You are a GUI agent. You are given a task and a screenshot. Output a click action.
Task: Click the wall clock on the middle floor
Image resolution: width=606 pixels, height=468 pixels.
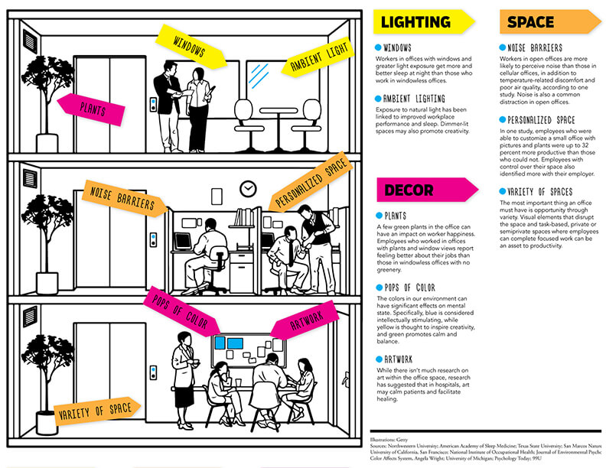tap(246, 188)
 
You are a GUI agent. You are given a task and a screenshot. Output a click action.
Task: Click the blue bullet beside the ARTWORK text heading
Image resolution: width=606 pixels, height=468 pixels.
tap(379, 359)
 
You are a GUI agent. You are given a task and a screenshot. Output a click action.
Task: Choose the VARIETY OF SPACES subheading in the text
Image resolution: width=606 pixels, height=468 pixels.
tap(543, 191)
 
